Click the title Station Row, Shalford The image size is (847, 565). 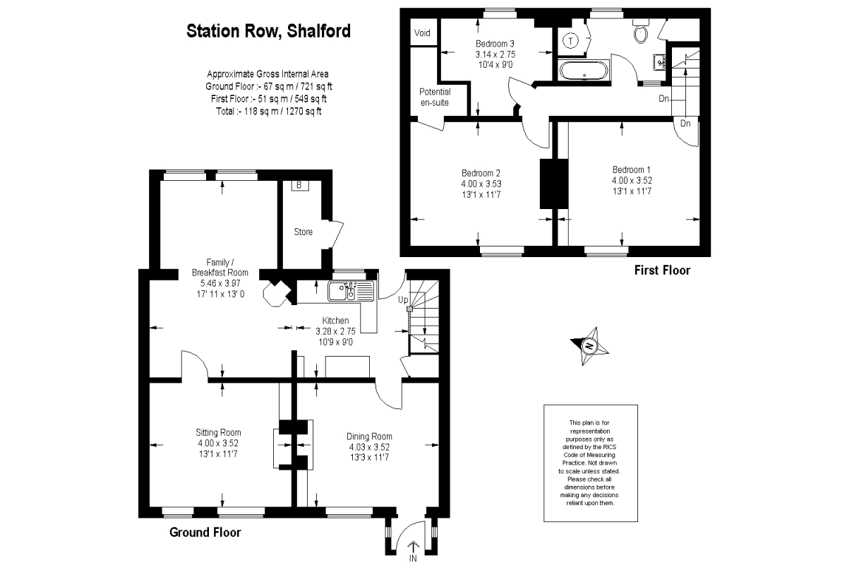tap(268, 31)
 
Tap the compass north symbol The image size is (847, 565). tap(588, 346)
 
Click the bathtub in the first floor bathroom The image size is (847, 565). tap(582, 70)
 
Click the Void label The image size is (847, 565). tap(422, 33)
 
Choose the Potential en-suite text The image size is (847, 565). tap(435, 97)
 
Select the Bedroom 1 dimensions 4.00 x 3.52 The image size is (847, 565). tap(632, 180)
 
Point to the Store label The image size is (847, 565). tap(304, 232)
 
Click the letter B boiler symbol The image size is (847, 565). tap(299, 186)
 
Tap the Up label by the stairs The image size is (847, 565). tap(404, 299)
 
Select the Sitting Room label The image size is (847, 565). tap(218, 432)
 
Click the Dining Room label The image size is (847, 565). tap(369, 436)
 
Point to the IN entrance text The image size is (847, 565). tap(413, 559)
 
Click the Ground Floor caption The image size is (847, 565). tap(205, 533)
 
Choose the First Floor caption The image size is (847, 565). tap(661, 270)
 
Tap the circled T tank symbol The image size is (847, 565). tap(570, 41)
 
